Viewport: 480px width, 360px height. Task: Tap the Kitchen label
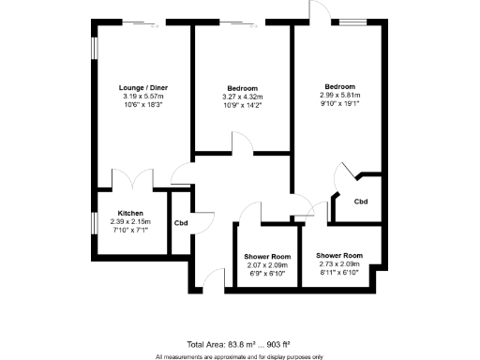tap(130, 213)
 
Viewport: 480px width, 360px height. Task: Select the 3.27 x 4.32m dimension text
tap(242, 97)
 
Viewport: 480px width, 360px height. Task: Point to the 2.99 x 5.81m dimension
tap(340, 96)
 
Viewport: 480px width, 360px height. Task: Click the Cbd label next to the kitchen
tap(182, 222)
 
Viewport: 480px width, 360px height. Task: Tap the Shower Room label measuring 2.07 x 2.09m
tap(267, 257)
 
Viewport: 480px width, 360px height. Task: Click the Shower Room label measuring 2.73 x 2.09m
tap(339, 256)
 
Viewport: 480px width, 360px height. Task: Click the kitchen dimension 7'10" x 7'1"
tap(130, 229)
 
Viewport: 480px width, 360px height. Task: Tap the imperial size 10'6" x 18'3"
tap(142, 105)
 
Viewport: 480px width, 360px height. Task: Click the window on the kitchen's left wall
tap(94, 228)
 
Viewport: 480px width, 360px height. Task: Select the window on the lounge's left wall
tap(94, 50)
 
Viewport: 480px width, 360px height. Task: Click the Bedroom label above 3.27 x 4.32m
tap(242, 87)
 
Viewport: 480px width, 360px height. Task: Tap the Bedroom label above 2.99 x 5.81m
tap(340, 86)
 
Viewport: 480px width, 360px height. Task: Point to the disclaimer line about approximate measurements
tap(239, 356)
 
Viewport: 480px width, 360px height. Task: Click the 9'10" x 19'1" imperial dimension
tap(340, 105)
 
